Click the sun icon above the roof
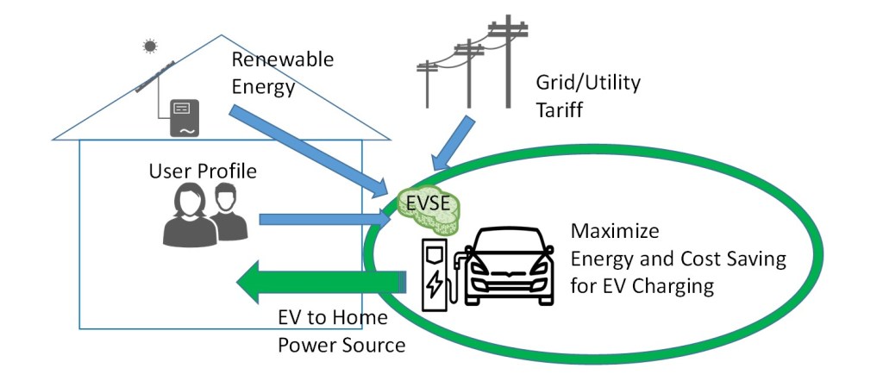(x=151, y=45)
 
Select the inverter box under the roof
(x=183, y=117)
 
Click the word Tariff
(x=560, y=109)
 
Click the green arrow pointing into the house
(x=319, y=282)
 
